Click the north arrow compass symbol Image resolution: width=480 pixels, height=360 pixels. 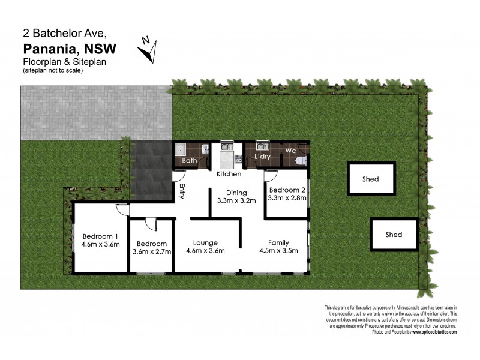click(148, 49)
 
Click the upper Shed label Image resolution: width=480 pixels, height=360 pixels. click(370, 179)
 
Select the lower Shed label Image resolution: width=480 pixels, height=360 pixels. click(394, 235)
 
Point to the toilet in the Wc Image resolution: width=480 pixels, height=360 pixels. click(302, 159)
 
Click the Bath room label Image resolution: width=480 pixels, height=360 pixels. click(190, 161)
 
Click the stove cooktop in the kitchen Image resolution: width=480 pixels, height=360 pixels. click(238, 158)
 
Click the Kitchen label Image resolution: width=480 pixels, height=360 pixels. click(229, 174)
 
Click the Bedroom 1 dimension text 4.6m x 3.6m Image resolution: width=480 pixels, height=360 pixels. click(101, 244)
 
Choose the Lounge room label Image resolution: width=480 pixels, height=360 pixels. click(205, 242)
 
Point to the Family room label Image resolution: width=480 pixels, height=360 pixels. click(278, 242)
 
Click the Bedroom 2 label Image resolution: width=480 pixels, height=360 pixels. click(287, 190)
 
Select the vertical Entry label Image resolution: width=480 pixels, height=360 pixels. click(181, 191)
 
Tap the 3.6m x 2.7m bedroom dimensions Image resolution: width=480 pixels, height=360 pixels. click(152, 252)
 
